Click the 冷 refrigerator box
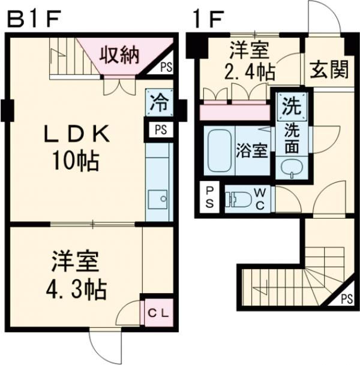coord(160,104)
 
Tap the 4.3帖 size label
coord(76,290)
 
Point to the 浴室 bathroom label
coord(252,150)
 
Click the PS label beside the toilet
coord(209,197)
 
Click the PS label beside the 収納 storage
coord(166,68)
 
